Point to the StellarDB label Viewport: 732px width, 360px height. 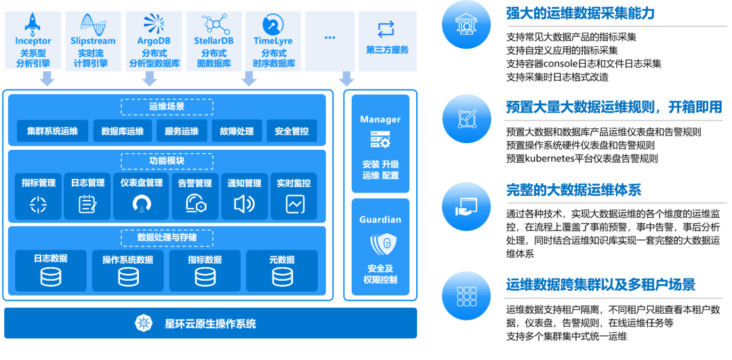click(213, 41)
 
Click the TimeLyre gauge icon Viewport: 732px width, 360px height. click(273, 24)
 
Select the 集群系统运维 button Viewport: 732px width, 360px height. click(52, 131)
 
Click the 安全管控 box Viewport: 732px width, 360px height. click(291, 131)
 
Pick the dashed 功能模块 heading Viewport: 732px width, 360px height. click(167, 161)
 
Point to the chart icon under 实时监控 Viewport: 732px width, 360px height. click(295, 203)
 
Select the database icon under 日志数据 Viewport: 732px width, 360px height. click(51, 277)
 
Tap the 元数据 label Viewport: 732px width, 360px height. click(281, 260)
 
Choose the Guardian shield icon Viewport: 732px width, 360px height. click(380, 243)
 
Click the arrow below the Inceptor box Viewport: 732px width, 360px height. click(47, 79)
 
